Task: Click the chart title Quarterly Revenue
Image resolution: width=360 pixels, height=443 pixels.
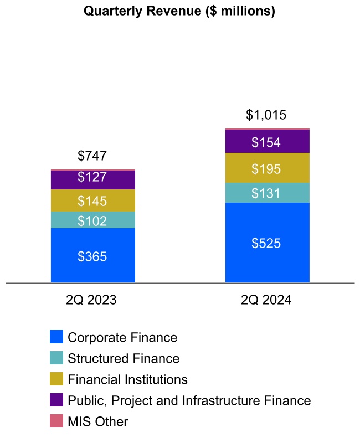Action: [179, 11]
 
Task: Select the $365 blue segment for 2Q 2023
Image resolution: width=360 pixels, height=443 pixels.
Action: [92, 256]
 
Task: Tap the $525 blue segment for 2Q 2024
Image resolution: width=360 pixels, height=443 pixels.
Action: [267, 243]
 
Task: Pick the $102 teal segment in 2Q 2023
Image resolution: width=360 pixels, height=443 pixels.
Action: [92, 220]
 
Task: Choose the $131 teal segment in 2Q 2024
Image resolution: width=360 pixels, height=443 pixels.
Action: [267, 193]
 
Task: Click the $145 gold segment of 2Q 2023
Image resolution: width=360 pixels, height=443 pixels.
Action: [92, 200]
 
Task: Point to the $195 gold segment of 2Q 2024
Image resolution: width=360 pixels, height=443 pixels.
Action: [267, 168]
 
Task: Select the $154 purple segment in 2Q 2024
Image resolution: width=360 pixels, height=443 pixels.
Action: [267, 141]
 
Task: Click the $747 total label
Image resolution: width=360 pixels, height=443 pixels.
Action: [92, 156]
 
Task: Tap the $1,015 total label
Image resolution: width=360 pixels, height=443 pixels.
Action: [266, 115]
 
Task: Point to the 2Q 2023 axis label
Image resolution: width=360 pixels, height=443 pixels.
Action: [91, 300]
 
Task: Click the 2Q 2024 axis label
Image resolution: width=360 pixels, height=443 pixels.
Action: [266, 300]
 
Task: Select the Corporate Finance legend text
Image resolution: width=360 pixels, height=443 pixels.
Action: [122, 337]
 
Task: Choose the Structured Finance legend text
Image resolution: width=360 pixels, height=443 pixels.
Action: [124, 358]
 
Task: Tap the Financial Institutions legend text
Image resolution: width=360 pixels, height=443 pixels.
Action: [127, 379]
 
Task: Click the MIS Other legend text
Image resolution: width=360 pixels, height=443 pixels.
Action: [98, 421]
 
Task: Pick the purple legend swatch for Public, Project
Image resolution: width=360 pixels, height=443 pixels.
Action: [56, 400]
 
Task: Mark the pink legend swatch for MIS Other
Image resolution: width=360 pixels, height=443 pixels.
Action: [56, 421]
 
